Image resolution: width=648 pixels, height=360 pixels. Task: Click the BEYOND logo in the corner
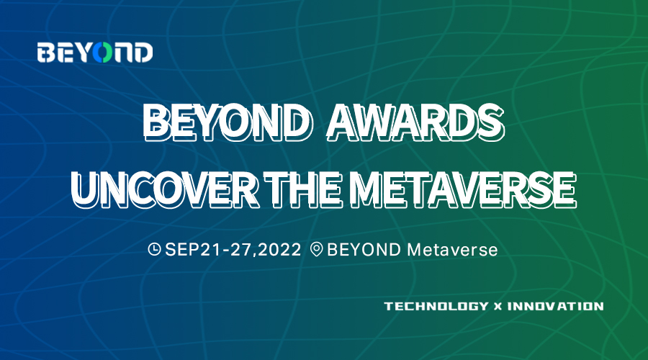click(x=95, y=53)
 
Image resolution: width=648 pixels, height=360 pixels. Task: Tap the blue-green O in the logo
click(x=102, y=53)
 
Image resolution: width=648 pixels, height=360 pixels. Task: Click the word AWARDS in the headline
click(x=415, y=122)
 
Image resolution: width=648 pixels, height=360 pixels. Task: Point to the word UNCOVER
click(x=166, y=189)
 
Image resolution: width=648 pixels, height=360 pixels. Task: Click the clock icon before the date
click(x=155, y=249)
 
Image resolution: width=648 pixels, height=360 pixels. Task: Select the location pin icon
click(x=317, y=250)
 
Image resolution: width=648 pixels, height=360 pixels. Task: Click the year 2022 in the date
click(x=281, y=250)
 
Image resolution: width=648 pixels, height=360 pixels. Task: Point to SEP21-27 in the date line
click(x=211, y=250)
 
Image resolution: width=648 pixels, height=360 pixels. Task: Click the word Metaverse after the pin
click(x=453, y=250)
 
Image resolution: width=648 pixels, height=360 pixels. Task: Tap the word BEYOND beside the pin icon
click(x=364, y=250)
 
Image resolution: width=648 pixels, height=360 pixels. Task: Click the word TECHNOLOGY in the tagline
click(x=436, y=306)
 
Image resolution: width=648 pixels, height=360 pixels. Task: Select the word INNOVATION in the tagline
click(x=555, y=306)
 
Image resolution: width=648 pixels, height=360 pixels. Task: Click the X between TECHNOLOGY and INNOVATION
click(x=498, y=307)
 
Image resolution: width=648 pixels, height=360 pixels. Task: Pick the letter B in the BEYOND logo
click(x=46, y=53)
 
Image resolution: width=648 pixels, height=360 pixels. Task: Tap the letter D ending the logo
click(x=143, y=53)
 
